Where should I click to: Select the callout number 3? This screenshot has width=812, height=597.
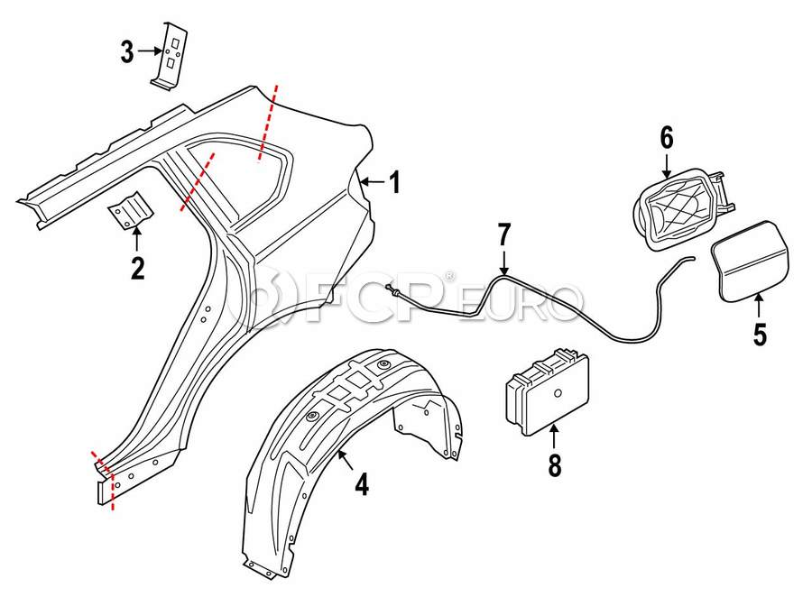point(127,52)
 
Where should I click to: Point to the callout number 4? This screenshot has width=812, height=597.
point(361,485)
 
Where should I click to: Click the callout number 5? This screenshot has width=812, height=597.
point(760,335)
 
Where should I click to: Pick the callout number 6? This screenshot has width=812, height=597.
point(667,138)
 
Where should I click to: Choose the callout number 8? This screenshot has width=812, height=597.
point(554,465)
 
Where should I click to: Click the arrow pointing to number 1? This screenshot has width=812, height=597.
point(370,181)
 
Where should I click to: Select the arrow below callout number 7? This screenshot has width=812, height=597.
point(503,263)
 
